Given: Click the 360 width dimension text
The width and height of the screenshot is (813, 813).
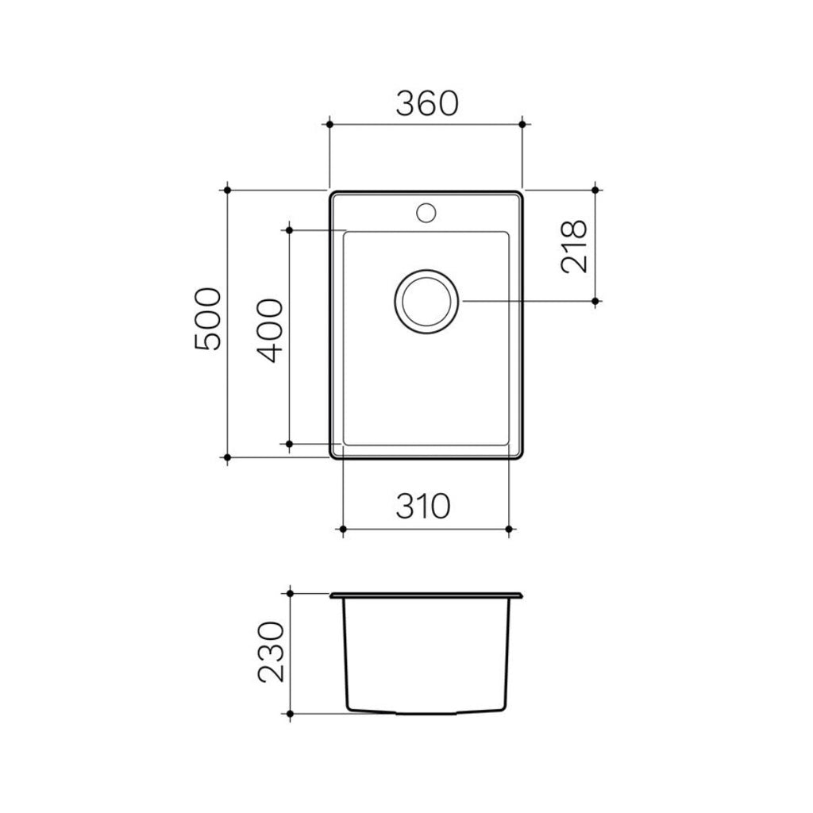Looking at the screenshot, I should [x=426, y=104].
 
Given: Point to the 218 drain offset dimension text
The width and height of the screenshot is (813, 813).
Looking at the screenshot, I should [x=574, y=246].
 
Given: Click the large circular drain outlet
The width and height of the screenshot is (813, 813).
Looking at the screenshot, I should [x=426, y=301].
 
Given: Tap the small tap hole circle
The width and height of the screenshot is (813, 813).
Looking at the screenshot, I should [x=426, y=212].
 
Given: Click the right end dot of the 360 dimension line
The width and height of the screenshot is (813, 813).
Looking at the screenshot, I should [x=522, y=123].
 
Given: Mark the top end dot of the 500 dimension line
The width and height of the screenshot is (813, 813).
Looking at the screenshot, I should [x=227, y=190].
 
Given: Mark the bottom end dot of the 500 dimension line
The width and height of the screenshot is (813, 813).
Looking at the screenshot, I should [x=227, y=457].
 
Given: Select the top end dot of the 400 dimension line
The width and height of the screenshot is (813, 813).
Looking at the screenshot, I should [x=290, y=229].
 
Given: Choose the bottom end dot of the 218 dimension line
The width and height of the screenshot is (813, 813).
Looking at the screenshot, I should [x=596, y=301].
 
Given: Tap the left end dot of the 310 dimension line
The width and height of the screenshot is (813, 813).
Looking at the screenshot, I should [x=342, y=528].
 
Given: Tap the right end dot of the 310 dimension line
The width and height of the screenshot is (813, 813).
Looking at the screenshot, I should [x=508, y=528].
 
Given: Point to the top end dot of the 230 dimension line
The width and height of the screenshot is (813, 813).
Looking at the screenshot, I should [x=291, y=592].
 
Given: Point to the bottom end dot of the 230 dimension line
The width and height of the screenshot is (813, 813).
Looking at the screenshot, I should [x=291, y=715].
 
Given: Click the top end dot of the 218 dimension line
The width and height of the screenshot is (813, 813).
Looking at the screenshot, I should [x=596, y=190].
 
